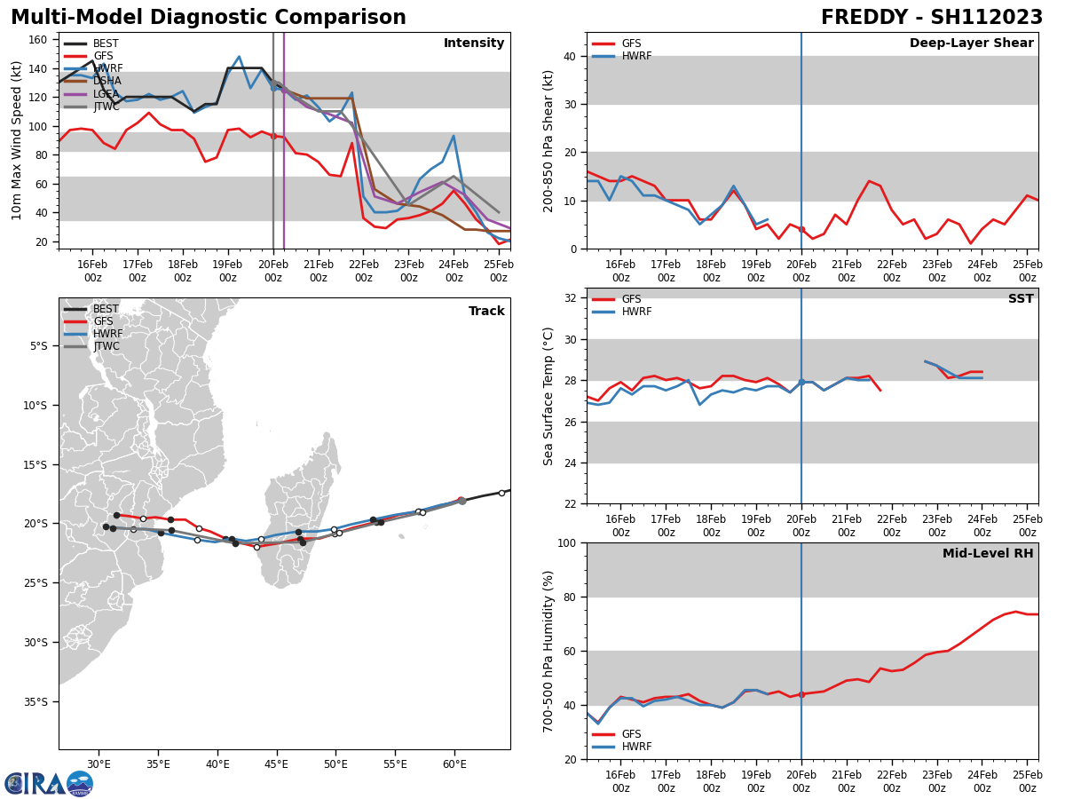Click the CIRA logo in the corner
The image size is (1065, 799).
coord(49,783)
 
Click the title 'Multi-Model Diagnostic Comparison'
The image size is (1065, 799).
coord(209,18)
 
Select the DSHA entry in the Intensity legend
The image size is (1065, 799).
coord(107,81)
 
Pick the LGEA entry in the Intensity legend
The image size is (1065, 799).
coord(107,93)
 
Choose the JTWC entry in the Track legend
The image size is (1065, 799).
coord(106,346)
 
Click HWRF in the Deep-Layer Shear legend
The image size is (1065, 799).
coord(635,56)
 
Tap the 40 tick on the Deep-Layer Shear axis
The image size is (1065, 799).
coord(571,56)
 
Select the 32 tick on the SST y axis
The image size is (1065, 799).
coord(571,297)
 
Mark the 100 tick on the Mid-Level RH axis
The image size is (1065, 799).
coord(567,542)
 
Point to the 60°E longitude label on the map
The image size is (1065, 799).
coord(454,764)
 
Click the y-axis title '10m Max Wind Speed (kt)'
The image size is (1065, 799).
coord(17,140)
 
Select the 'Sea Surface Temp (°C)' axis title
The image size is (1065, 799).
coord(548,396)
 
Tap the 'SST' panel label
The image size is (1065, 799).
coord(1021,299)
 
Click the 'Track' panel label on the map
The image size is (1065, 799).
coord(486,311)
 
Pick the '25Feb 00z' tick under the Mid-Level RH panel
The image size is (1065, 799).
coord(1027,781)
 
